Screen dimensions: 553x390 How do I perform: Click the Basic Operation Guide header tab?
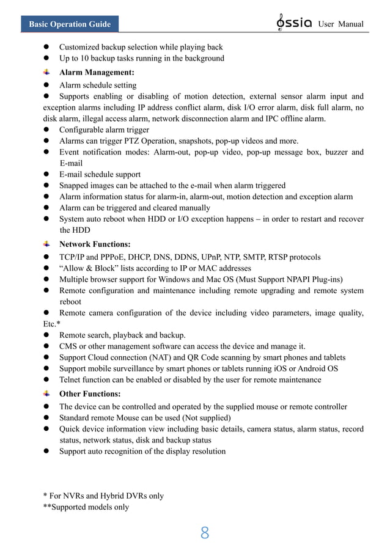tap(70, 24)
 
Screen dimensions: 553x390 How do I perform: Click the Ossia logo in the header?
tap(295, 23)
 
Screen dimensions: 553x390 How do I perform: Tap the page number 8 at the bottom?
tap(205, 533)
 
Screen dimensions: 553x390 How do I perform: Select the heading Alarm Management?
tap(97, 72)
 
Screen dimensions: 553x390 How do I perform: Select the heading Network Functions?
tap(95, 244)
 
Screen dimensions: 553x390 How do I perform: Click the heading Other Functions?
tap(90, 394)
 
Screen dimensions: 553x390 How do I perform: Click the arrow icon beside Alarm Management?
tap(46, 72)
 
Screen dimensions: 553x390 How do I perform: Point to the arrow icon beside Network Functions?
tap(46, 244)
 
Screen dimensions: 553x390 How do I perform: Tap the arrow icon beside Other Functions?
tap(46, 394)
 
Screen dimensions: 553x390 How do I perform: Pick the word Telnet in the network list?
tap(72, 380)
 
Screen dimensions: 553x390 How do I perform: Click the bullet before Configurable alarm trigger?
tap(46, 130)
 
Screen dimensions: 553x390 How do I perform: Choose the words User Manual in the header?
tap(341, 24)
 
